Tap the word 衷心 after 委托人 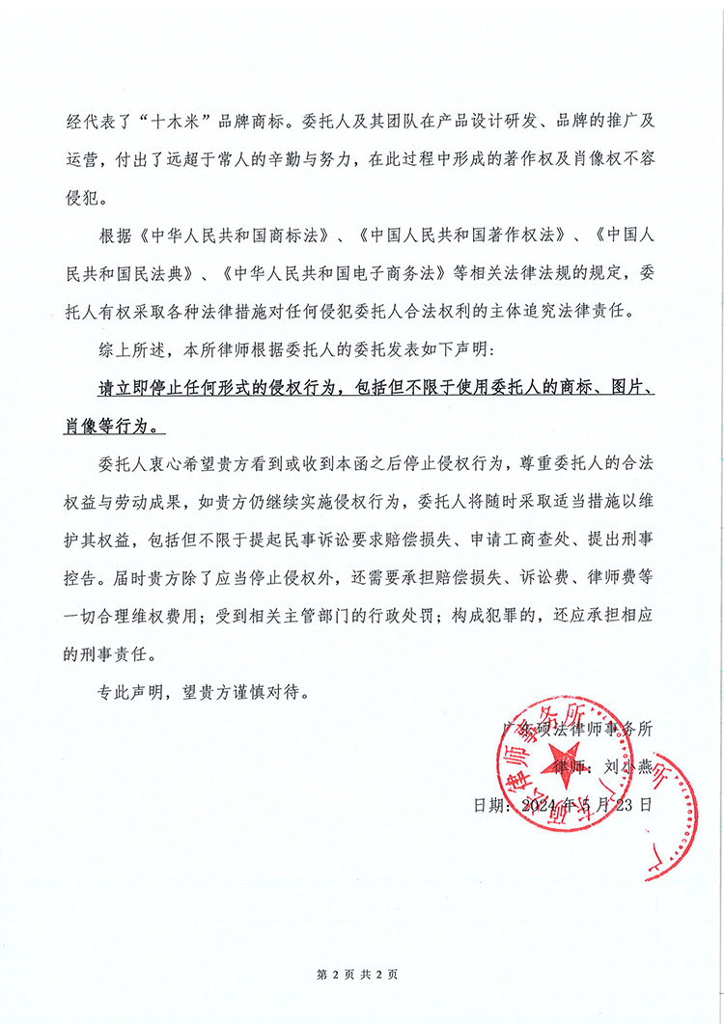click(x=164, y=463)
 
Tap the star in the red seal click(x=591, y=787)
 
